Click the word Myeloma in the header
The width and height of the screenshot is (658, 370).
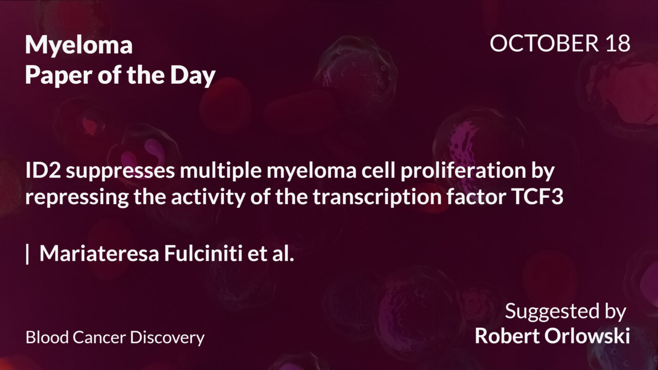pos(79,46)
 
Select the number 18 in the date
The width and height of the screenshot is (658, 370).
pos(616,44)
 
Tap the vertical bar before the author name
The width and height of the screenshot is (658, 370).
pos(27,254)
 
